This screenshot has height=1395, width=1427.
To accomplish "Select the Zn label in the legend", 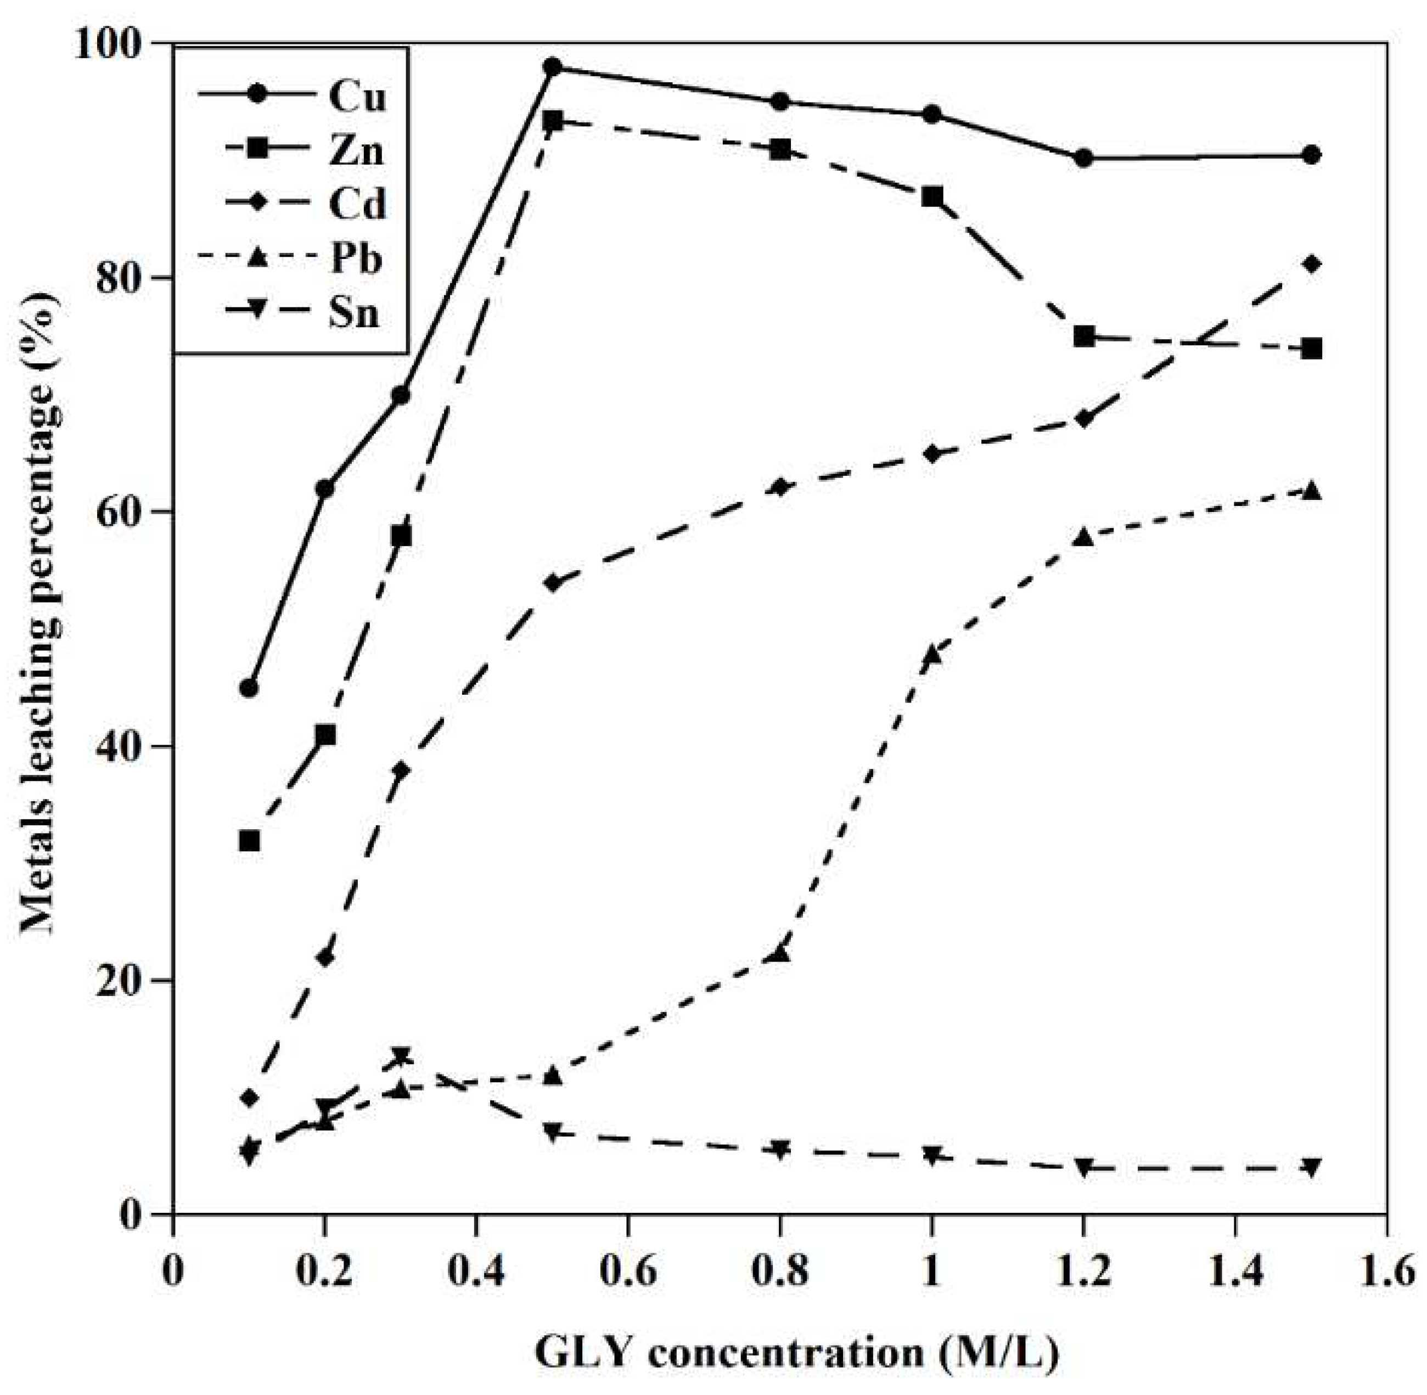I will coord(356,151).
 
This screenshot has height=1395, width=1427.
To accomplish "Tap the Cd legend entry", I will coord(356,205).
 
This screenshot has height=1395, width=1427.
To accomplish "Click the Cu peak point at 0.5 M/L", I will coord(553,67).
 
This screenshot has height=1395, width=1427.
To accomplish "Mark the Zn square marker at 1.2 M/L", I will coord(1084,337).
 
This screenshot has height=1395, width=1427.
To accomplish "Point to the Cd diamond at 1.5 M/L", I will coord(1312,264).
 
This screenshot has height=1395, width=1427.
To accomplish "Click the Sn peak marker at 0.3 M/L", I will coord(401,1056).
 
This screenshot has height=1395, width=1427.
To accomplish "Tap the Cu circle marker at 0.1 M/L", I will coord(249,688).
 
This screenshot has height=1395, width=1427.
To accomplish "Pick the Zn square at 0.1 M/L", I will coord(249,840).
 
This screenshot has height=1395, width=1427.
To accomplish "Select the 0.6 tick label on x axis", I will coord(628,1273).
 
